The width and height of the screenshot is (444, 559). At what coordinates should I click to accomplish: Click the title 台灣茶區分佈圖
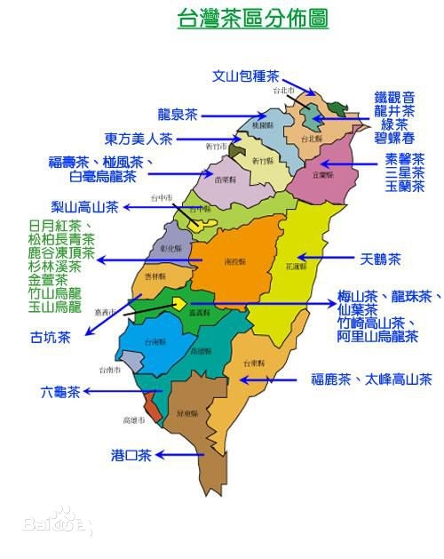click(x=253, y=20)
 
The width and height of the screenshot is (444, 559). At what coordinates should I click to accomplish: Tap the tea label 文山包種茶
click(x=246, y=76)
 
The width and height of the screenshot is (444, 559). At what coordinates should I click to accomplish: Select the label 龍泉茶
click(x=178, y=115)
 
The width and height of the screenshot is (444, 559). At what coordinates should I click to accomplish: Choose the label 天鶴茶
click(x=381, y=260)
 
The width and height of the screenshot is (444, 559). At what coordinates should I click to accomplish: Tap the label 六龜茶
click(x=60, y=390)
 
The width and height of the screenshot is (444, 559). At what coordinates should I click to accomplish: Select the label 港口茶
click(x=131, y=455)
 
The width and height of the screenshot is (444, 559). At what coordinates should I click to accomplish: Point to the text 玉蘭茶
click(x=405, y=186)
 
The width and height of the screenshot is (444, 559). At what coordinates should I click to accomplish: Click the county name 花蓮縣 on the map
click(x=296, y=265)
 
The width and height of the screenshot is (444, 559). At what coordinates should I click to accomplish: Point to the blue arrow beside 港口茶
click(x=178, y=455)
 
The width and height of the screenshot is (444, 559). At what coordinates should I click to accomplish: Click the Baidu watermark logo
click(x=58, y=523)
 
